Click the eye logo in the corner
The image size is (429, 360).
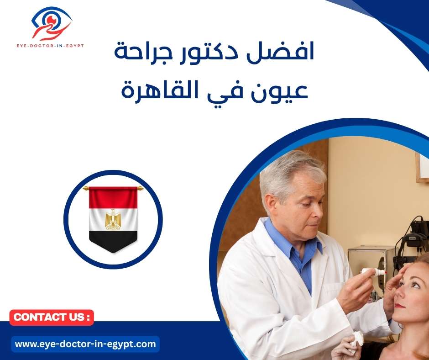pos(52,23)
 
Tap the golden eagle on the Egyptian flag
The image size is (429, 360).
pos(113,220)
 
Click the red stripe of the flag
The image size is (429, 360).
pos(113,197)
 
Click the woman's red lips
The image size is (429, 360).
pos(400,305)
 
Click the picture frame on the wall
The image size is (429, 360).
pos(422,167)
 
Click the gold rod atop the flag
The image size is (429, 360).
pos(113,187)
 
